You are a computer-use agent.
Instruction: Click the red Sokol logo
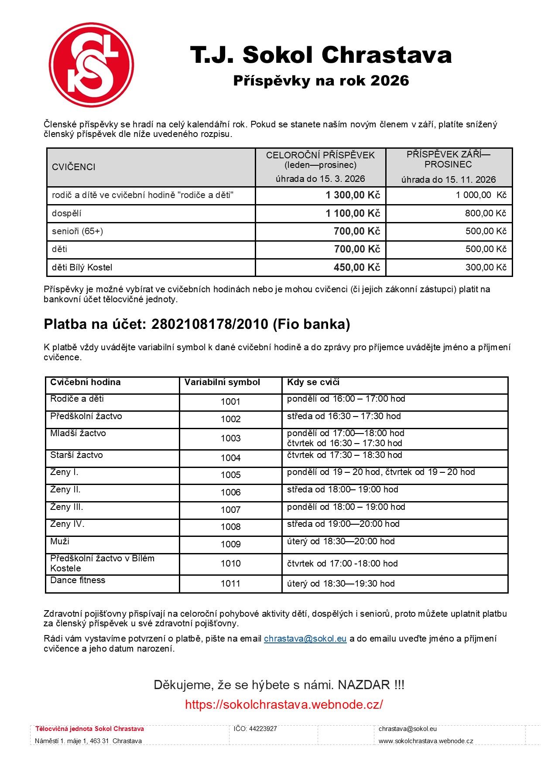91,65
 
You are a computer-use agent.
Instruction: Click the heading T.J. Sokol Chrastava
321,55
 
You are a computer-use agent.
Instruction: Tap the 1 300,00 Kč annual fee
353,195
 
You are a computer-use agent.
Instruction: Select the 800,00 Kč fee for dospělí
485,213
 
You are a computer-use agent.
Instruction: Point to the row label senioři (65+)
78,231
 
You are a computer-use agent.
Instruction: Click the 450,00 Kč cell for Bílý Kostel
356,267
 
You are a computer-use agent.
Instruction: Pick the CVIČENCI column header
74,167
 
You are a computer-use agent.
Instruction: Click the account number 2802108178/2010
209,324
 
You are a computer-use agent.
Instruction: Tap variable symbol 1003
230,438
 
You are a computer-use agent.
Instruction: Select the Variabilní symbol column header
222,382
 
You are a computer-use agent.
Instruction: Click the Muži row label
60,541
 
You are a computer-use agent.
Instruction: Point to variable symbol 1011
230,584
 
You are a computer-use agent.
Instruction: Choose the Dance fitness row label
78,580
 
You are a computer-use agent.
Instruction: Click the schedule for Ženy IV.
343,524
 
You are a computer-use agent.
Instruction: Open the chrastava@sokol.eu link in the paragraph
305,639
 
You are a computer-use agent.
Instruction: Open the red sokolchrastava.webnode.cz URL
284,704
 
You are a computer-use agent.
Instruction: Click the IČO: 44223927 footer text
255,729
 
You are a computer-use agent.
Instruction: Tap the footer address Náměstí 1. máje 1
88,741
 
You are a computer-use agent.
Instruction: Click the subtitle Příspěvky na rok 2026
321,81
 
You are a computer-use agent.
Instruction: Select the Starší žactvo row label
76,455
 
